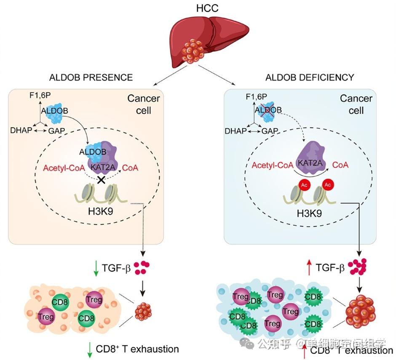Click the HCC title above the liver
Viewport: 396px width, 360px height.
tap(198, 8)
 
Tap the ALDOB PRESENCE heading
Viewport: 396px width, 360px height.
tap(91, 77)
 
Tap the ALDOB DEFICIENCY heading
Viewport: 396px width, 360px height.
tap(309, 77)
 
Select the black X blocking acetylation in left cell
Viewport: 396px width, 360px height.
tap(101, 179)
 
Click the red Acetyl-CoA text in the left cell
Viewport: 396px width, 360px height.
tap(63, 168)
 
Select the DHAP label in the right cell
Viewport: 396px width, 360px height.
tap(235, 131)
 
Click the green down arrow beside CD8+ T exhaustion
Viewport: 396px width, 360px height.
tap(89, 349)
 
